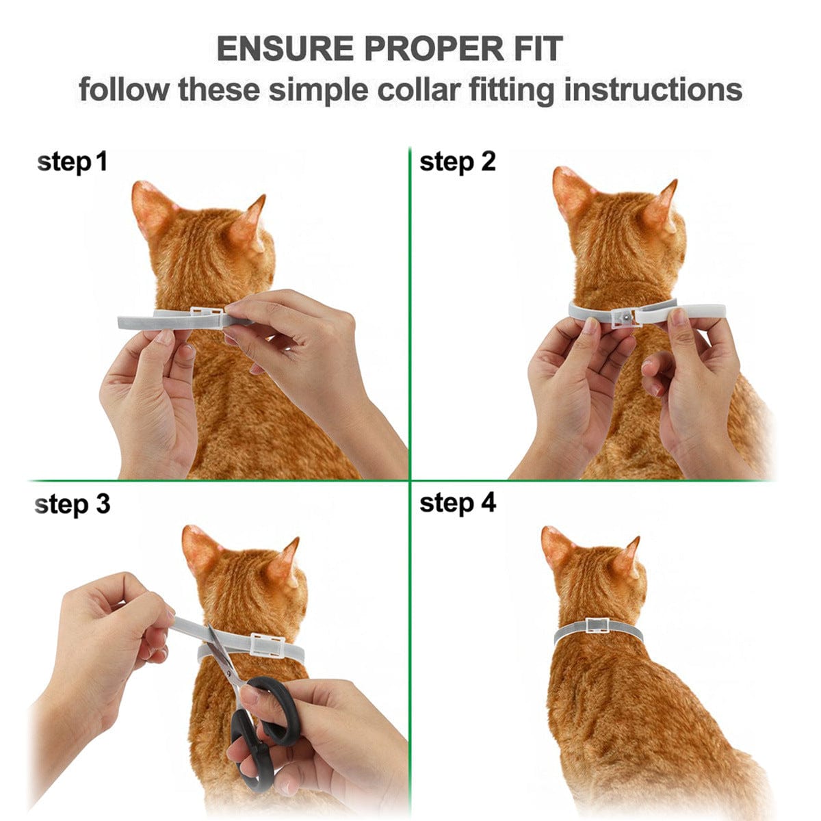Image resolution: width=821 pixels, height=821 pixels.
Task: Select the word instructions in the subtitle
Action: (653, 90)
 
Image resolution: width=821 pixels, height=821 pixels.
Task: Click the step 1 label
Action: (72, 163)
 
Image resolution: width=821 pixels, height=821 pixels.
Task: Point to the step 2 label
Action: (457, 162)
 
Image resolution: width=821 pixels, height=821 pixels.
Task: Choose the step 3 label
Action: (72, 504)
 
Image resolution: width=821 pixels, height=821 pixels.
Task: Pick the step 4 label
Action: (457, 503)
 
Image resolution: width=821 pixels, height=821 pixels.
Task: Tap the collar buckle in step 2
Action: (625, 318)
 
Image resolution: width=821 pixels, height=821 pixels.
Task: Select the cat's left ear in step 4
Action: (558, 547)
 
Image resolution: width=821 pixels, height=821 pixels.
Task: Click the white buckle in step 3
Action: (268, 644)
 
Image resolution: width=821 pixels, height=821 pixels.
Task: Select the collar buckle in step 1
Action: (205, 317)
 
